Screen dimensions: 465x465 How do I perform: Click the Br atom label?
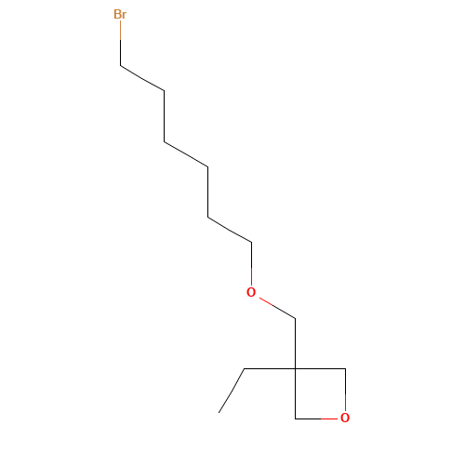click(x=120, y=14)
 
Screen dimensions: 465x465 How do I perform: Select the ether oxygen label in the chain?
click(x=251, y=292)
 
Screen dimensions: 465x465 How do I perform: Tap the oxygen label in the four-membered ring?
click(x=345, y=418)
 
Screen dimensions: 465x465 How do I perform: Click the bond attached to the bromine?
click(x=121, y=43)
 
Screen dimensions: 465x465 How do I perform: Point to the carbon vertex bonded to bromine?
click(x=121, y=65)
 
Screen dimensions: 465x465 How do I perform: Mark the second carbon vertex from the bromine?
click(x=165, y=91)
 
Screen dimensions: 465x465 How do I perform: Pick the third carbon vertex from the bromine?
click(x=165, y=141)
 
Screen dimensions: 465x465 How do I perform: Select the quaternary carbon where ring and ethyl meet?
click(x=295, y=368)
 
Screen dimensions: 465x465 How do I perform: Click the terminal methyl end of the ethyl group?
click(x=219, y=413)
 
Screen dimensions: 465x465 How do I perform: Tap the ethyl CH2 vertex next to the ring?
click(x=245, y=368)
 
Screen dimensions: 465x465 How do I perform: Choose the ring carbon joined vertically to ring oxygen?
click(x=345, y=368)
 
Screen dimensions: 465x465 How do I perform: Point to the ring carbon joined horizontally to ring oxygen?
click(x=295, y=418)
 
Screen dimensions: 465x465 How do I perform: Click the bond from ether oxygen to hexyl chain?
click(x=251, y=264)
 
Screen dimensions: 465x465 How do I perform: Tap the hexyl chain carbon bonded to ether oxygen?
click(x=251, y=243)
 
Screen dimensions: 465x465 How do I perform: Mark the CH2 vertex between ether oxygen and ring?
click(x=295, y=318)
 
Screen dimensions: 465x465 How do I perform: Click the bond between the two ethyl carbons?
click(x=232, y=391)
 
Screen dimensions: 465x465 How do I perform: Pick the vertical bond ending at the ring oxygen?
click(x=345, y=390)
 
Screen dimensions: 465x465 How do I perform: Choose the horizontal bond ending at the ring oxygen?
click(x=316, y=418)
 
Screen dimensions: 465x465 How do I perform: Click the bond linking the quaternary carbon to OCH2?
click(x=295, y=343)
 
